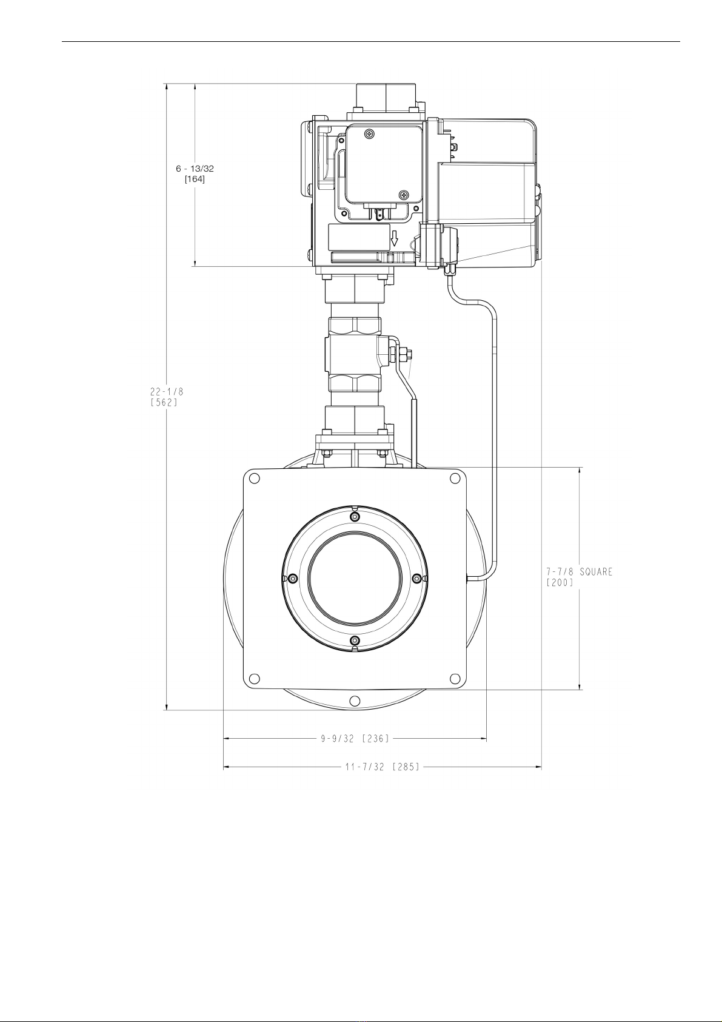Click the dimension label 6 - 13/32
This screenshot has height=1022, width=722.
[x=195, y=169]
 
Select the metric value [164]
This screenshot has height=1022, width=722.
[x=195, y=179]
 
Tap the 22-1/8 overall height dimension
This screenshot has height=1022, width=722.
[x=167, y=391]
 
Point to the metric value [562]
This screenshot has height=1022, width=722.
[x=164, y=402]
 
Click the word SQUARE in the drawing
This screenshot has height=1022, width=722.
[x=596, y=572]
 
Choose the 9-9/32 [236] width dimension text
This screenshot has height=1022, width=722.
[x=355, y=738]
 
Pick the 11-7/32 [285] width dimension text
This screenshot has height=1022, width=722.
[x=382, y=767]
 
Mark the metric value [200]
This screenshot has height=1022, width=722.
[x=560, y=583]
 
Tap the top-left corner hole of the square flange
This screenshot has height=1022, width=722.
[x=255, y=479]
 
